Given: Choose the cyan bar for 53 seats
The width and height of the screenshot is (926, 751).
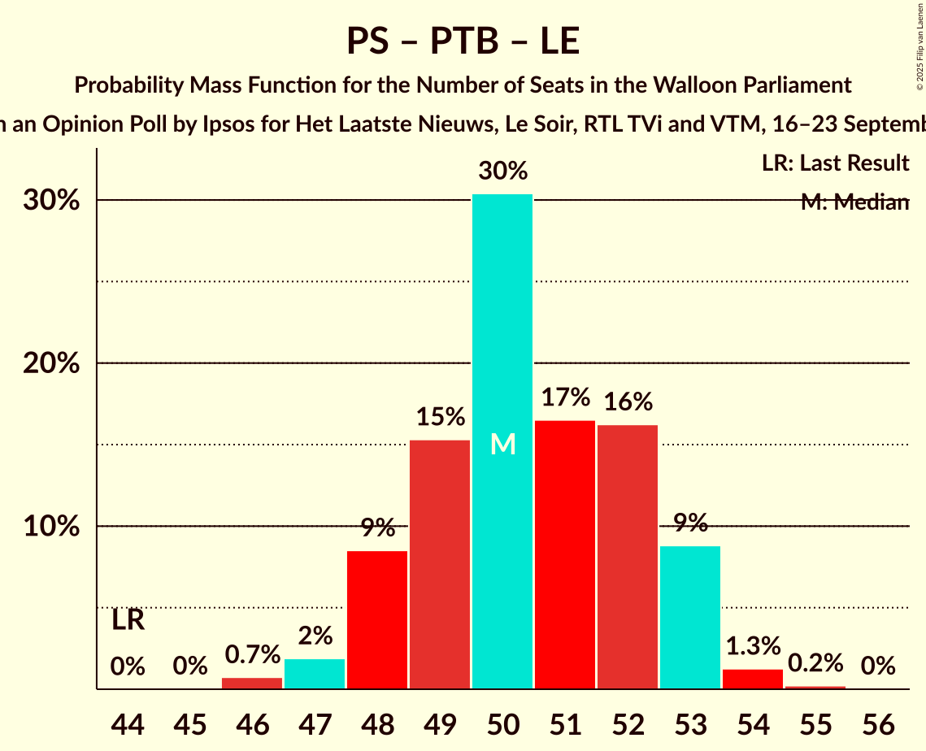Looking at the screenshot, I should click(x=690, y=617).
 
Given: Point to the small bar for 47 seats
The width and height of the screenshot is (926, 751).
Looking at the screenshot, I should click(x=315, y=674).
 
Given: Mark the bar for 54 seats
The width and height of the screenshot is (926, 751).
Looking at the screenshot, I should click(x=753, y=679).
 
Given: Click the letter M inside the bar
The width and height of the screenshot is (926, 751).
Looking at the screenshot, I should click(x=503, y=444).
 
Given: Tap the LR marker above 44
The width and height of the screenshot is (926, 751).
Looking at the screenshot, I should click(x=128, y=620).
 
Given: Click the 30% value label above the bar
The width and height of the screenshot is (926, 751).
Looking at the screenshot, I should click(x=503, y=171).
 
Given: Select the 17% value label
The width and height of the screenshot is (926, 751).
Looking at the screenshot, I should click(x=566, y=397).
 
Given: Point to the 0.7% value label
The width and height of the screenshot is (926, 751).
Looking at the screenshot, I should click(x=252, y=654).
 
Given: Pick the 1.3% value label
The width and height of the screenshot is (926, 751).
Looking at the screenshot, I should click(x=753, y=646).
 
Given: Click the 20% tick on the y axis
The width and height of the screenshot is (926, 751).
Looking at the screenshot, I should click(x=51, y=364).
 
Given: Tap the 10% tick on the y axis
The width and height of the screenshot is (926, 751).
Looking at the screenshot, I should click(x=51, y=527).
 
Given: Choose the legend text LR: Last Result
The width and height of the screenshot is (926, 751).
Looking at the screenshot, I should click(x=835, y=163).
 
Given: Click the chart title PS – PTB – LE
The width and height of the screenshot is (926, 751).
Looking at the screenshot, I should click(x=463, y=41).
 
